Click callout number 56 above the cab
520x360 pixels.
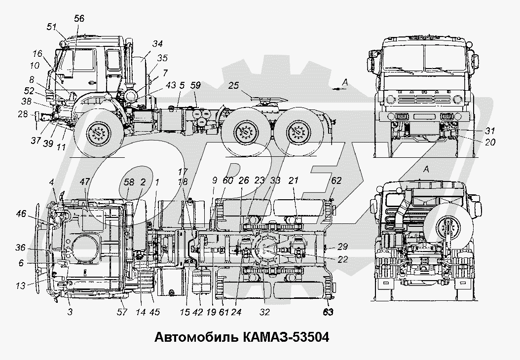tap(79, 19)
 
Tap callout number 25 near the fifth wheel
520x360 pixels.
tap(234, 85)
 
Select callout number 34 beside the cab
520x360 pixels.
tap(157, 44)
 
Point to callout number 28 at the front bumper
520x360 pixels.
tap(23, 114)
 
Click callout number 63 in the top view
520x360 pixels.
tap(328, 312)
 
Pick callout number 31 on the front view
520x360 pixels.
tap(490, 131)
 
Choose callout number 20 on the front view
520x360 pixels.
tap(490, 142)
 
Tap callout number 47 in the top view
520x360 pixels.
tap(85, 181)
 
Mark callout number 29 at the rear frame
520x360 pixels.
tap(342, 247)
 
